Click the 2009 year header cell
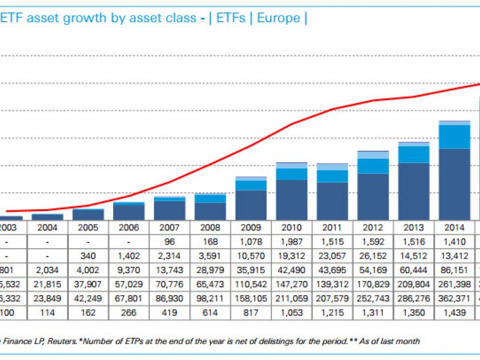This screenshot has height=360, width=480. click(251, 227)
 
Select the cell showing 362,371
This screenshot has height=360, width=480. click(454, 298)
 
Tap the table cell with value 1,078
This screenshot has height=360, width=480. click(251, 242)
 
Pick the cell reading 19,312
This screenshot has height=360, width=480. click(291, 256)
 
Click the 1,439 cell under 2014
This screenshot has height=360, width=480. click(454, 312)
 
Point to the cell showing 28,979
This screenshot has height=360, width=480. click(210, 270)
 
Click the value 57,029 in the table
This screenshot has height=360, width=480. click(129, 284)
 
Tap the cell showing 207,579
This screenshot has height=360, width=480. click(332, 298)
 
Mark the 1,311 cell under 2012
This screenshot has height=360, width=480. click(373, 312)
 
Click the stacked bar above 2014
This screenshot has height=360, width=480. click(454, 171)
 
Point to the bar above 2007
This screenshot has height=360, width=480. click(169, 208)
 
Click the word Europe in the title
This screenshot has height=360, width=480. click(278, 18)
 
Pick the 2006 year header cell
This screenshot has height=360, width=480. click(129, 227)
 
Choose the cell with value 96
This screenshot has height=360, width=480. click(169, 242)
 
